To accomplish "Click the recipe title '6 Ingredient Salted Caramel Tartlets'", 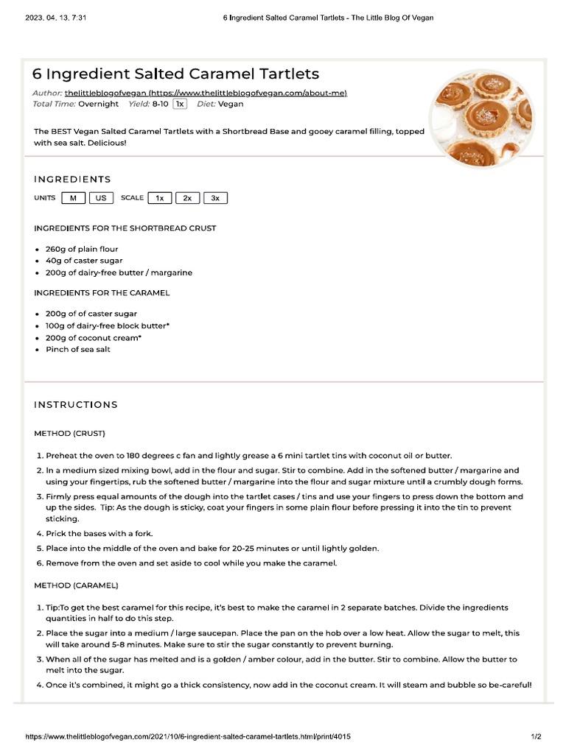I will point(175,74).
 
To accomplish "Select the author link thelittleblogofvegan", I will point(206,93).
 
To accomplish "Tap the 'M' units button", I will point(73,198).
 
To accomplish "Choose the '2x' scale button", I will point(187,198).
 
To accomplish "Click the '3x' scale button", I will point(215,198).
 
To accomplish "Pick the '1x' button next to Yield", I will point(180,105).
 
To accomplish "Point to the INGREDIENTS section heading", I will point(72,179).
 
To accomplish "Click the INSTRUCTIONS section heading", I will point(76,404).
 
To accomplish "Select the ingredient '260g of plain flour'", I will point(82,249).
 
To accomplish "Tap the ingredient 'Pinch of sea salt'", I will point(78,349).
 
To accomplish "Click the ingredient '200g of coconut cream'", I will point(94,337).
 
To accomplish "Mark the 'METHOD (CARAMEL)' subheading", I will point(76,585).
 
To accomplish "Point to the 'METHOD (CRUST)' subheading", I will point(69,433).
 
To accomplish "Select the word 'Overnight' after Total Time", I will point(98,105).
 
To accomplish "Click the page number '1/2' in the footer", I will point(537,736).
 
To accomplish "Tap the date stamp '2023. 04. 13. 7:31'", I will point(55,18).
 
